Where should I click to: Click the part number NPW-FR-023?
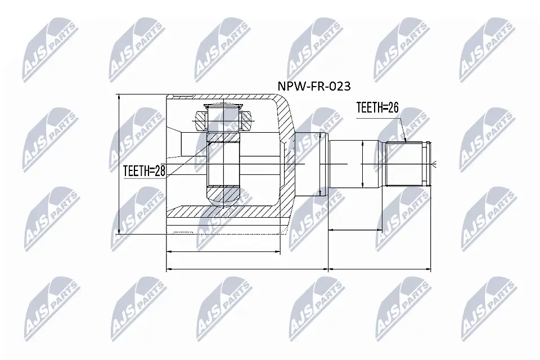coord(314,87)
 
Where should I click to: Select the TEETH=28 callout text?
coord(145,171)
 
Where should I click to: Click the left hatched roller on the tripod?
coord(201,120)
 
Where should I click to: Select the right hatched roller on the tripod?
coord(247,120)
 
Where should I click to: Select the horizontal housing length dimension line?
coord(224,252)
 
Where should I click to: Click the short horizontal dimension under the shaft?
coord(354,229)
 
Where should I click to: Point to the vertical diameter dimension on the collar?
coord(319,164)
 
